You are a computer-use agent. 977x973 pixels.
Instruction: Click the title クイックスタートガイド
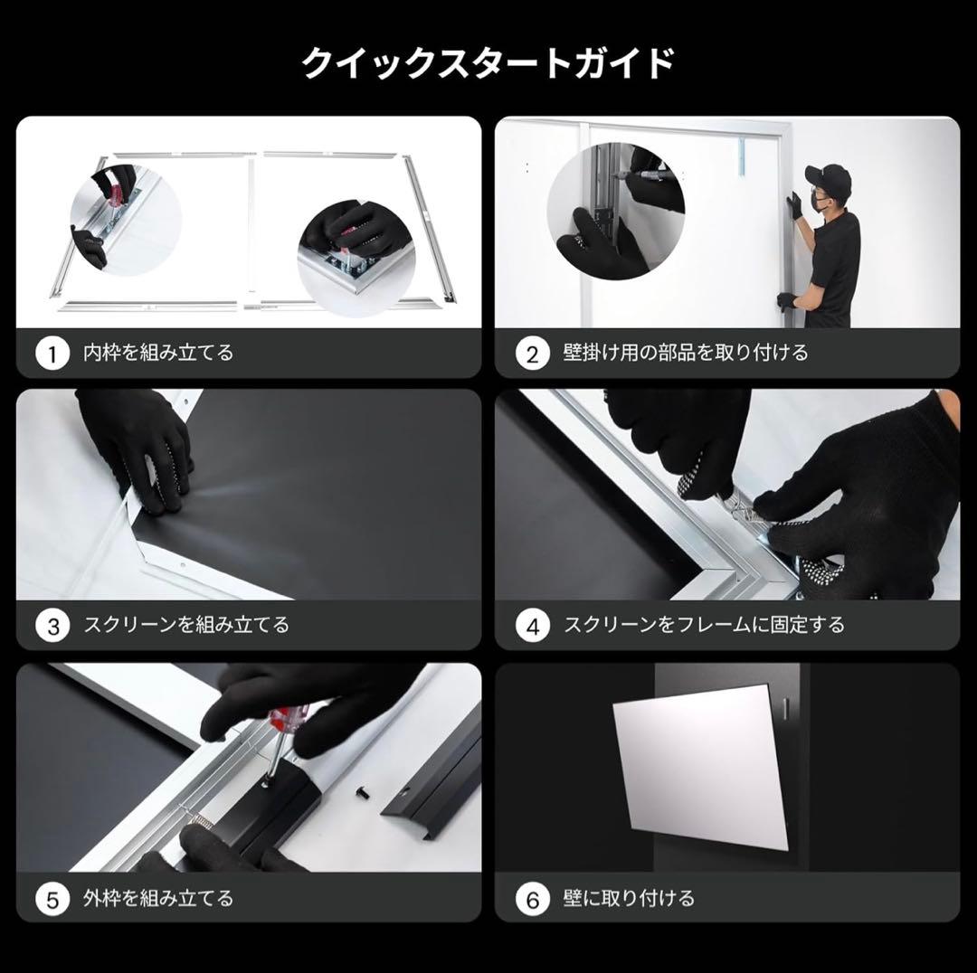click(488, 64)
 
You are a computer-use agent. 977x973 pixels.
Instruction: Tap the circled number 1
click(52, 354)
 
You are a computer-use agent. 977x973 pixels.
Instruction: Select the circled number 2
click(532, 354)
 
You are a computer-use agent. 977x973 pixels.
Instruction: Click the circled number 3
click(52, 626)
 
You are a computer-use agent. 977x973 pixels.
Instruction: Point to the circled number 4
click(532, 626)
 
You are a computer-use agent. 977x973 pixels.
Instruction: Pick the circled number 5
click(52, 900)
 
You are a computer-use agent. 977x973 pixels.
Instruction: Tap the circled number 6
click(532, 900)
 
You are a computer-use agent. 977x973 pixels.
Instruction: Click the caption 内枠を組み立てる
click(158, 353)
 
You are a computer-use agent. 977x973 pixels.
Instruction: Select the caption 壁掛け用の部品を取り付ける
click(686, 353)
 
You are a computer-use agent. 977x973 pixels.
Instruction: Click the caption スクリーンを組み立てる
click(186, 625)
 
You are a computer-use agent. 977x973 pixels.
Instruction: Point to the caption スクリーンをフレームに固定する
click(704, 625)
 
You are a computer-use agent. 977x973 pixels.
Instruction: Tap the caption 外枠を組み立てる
click(158, 899)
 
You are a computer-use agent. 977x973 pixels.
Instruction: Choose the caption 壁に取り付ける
click(629, 899)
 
